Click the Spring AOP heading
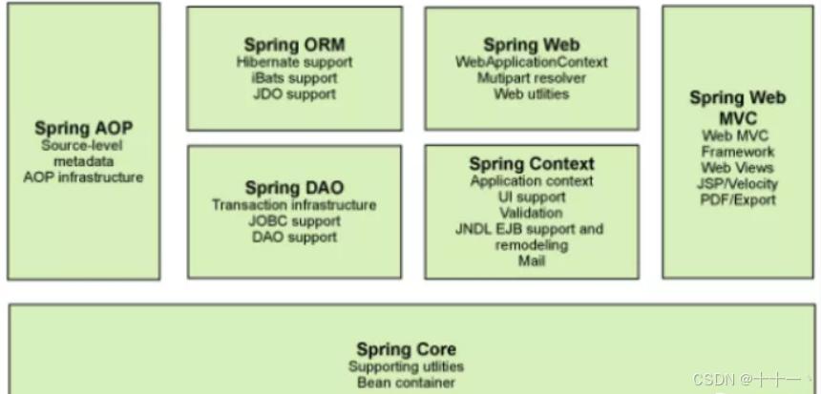[x=83, y=129]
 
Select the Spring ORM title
[x=294, y=45]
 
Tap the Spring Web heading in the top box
[x=531, y=45]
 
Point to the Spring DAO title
[x=294, y=188]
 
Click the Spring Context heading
[x=532, y=164]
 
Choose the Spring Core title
[x=406, y=349]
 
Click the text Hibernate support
[x=294, y=62]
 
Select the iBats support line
[x=294, y=78]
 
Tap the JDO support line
[x=294, y=94]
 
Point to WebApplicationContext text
[x=532, y=62]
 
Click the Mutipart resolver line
[x=532, y=78]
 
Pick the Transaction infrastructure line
[x=294, y=205]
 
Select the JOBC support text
[x=294, y=221]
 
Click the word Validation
[x=532, y=213]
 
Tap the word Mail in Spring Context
[x=532, y=260]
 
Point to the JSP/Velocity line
[x=738, y=183]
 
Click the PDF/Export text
[x=738, y=199]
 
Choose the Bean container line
[x=406, y=383]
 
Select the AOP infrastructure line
[x=83, y=177]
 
